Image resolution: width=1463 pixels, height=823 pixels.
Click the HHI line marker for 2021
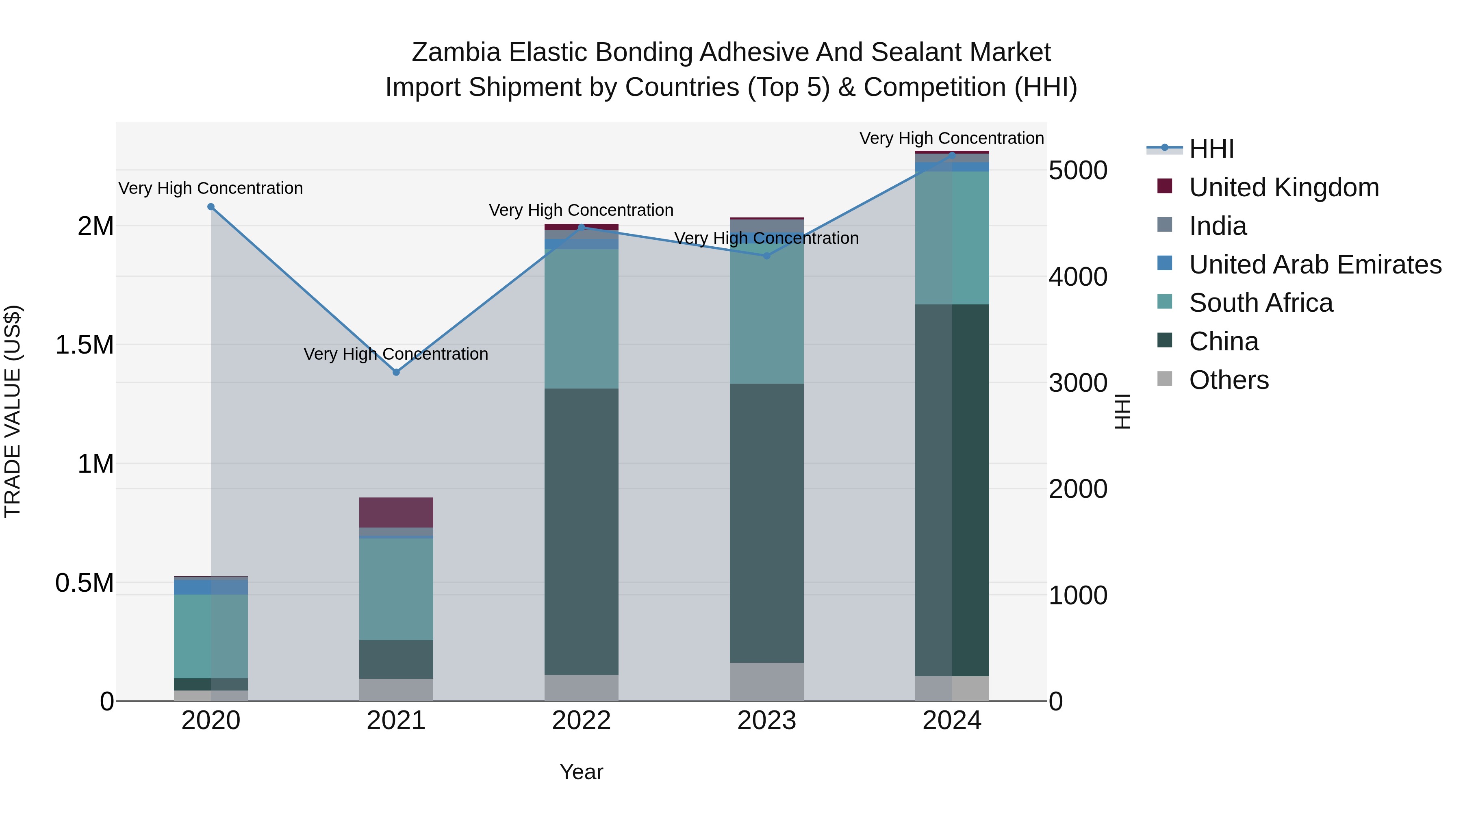coord(396,372)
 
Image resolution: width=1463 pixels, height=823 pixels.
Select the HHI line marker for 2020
coord(211,207)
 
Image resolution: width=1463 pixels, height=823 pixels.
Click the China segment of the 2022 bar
coord(581,531)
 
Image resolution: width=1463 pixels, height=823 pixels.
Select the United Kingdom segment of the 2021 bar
coord(396,512)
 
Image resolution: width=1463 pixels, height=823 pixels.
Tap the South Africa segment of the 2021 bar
coord(396,588)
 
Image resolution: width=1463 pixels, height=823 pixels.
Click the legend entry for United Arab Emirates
coord(1315,265)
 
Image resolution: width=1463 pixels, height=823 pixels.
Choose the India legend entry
coord(1218,226)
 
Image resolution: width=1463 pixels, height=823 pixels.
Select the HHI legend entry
coord(1211,149)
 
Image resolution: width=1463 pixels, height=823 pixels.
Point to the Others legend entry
coord(1229,380)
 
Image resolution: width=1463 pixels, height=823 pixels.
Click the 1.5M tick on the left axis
coord(84,345)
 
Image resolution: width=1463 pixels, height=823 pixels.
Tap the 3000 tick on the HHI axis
coord(1077,383)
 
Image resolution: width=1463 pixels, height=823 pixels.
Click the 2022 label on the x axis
coord(581,721)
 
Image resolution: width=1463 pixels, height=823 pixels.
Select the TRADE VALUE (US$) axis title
coord(13,411)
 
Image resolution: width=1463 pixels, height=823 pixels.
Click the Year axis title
coord(581,772)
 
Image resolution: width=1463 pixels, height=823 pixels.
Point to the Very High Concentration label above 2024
coord(951,138)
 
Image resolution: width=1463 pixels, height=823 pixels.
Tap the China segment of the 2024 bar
coord(951,490)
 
